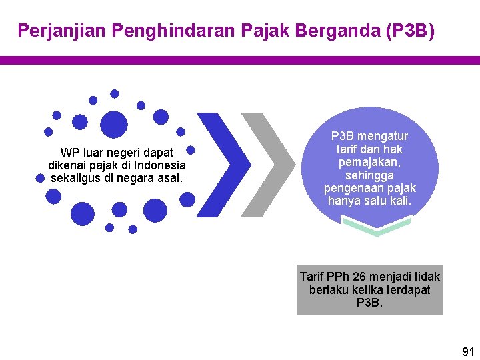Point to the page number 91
click(468, 351)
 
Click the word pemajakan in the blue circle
click(369, 162)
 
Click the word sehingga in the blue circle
click(369, 175)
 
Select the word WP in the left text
click(69, 153)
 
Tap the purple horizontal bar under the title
click(240, 60)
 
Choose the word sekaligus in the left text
click(77, 178)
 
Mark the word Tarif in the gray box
click(312, 277)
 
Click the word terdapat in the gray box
click(406, 290)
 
